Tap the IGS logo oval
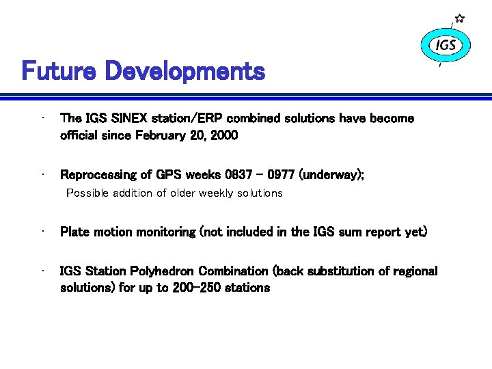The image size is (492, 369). click(x=446, y=46)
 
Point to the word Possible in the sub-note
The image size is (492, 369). click(x=85, y=193)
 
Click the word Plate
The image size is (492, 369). click(x=74, y=232)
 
